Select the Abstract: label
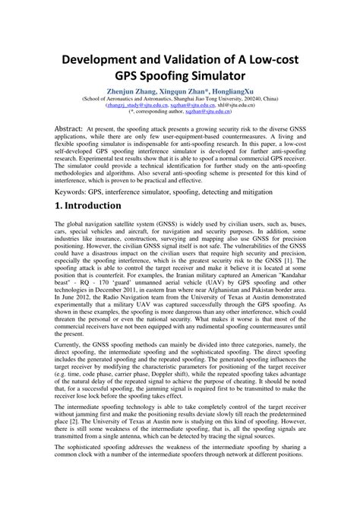(x=76, y=128)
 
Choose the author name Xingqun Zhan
(x=192, y=90)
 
